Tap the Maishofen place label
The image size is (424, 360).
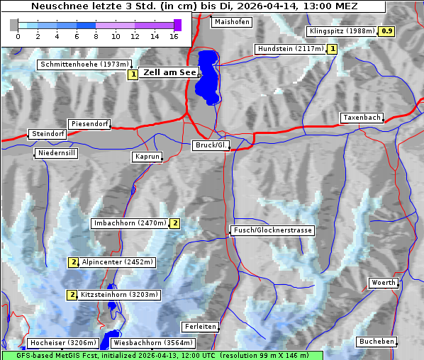click(232, 22)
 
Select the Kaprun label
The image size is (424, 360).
click(147, 157)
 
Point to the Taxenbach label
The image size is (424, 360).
click(362, 118)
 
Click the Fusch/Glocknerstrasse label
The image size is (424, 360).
click(272, 230)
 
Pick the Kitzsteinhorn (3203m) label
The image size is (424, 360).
click(120, 295)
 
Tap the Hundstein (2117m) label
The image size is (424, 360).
click(291, 49)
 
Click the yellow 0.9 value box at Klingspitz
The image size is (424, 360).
click(386, 31)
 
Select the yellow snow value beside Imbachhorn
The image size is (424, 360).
click(175, 223)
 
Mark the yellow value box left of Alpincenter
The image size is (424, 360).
click(72, 262)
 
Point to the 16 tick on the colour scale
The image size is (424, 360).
click(174, 36)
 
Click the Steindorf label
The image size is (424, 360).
click(48, 134)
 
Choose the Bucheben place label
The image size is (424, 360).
click(376, 342)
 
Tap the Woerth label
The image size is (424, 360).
click(384, 283)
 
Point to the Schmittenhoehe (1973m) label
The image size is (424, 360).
click(84, 64)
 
